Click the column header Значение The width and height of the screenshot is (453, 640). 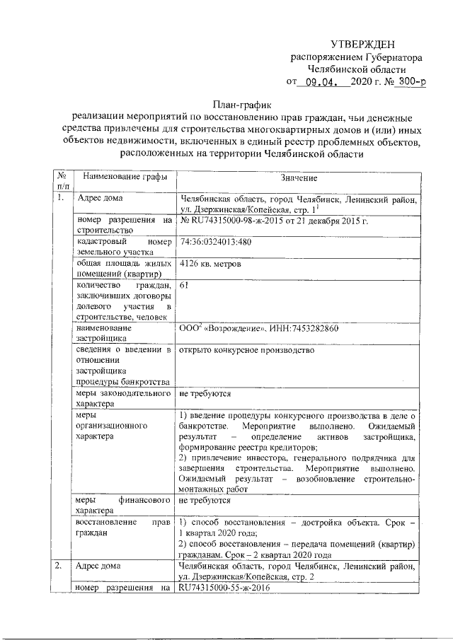pos(299,178)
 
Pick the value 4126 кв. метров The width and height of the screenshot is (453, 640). pos(211,264)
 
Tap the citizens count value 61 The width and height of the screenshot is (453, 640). pos(185,286)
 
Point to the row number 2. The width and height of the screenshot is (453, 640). pos(62,566)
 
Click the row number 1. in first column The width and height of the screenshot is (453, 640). pos(62,198)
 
